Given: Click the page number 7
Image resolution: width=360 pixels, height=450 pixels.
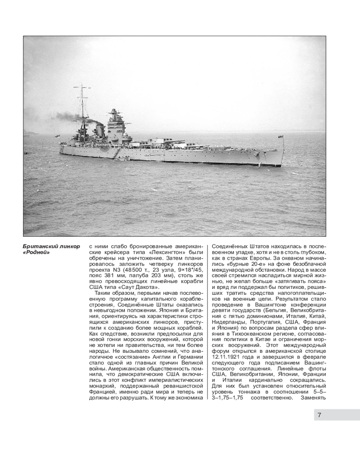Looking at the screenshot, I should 319,415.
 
